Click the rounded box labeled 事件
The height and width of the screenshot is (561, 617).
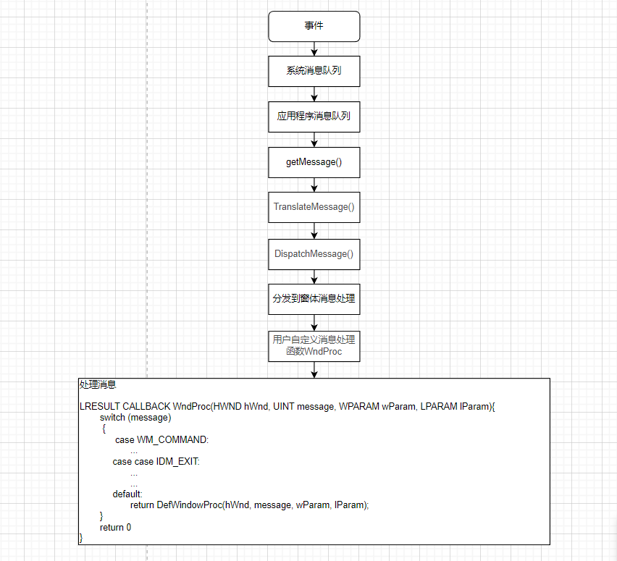pos(314,26)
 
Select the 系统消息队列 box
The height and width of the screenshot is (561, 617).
pos(314,71)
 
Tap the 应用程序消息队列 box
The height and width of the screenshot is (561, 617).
pos(314,116)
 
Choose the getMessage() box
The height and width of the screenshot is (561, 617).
pos(314,161)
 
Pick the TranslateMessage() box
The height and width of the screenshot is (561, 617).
pos(314,207)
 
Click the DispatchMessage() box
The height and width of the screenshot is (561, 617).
pos(314,253)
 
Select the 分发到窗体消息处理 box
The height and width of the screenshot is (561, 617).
pos(314,298)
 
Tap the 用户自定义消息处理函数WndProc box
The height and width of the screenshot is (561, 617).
pos(314,345)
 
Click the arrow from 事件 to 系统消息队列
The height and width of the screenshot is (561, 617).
pos(314,49)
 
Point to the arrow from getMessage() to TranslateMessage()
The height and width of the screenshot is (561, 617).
pos(314,185)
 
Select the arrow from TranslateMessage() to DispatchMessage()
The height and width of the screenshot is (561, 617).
pos(314,230)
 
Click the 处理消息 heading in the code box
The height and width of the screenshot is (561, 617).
pos(98,385)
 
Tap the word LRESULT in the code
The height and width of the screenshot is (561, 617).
pos(99,407)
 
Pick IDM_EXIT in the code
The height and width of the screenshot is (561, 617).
pos(177,461)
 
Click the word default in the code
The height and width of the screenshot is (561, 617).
pos(127,494)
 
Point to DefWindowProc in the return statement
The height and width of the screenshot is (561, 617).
pos(189,505)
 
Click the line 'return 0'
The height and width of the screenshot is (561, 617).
pos(115,527)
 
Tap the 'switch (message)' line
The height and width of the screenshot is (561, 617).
pos(135,418)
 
